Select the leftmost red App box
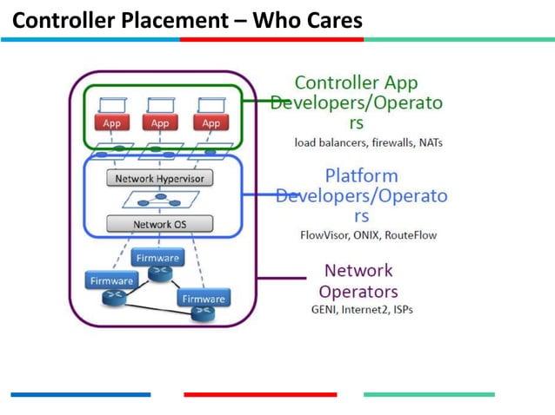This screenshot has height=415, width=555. [x=111, y=123]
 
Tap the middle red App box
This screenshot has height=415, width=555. [x=161, y=123]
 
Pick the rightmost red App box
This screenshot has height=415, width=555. [x=211, y=123]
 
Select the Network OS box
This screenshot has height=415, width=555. [x=159, y=224]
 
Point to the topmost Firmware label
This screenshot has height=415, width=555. [x=157, y=258]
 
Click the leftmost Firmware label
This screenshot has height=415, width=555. [x=110, y=280]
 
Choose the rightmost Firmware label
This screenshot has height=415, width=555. [x=204, y=299]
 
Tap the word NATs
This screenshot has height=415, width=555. [x=432, y=142]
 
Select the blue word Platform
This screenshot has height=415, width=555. [x=361, y=175]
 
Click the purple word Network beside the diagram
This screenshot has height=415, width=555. [x=358, y=270]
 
